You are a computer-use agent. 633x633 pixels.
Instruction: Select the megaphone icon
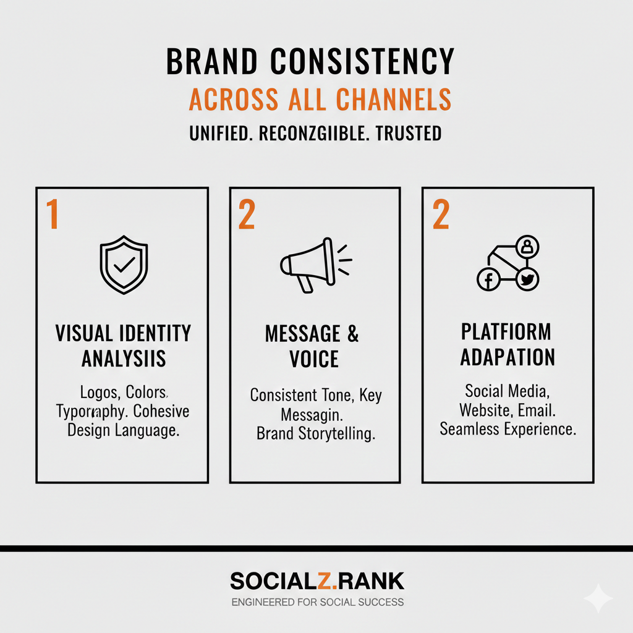(x=312, y=264)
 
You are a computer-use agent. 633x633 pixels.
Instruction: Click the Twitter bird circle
(x=527, y=279)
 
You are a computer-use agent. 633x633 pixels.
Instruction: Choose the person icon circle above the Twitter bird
(x=527, y=247)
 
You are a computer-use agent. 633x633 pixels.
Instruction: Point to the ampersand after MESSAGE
(x=352, y=334)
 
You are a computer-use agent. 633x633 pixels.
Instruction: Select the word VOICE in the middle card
(x=314, y=359)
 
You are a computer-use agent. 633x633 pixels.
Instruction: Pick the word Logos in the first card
(x=99, y=392)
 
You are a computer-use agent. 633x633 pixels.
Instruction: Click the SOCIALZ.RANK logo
(x=316, y=581)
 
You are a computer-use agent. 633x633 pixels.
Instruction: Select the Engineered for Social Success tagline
(x=316, y=601)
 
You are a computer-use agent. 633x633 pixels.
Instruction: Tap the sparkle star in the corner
(x=598, y=598)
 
